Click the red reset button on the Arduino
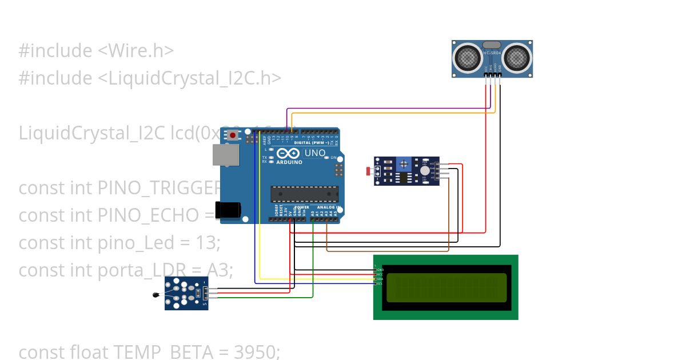(233, 135)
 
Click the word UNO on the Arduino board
(314, 153)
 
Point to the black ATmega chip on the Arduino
(304, 194)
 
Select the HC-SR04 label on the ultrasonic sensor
(492, 53)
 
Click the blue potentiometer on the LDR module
(404, 165)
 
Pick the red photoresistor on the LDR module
(369, 170)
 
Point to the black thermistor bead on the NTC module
(156, 295)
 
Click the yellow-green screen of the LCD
(446, 287)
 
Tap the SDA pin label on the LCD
(380, 279)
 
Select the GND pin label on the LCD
(380, 269)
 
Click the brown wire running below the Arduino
(389, 250)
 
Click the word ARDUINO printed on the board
(290, 162)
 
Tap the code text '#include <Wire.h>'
(96, 51)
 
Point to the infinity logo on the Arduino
(288, 153)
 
